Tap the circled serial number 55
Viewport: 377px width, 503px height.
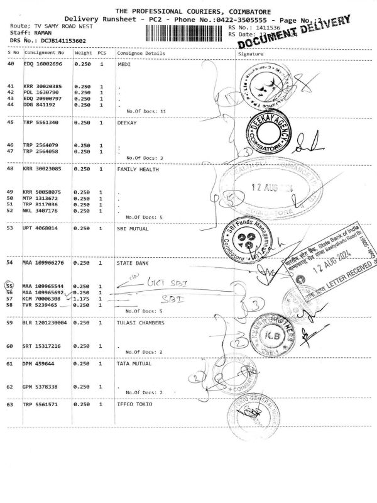(x=9, y=286)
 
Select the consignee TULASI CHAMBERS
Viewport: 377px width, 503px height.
(x=141, y=323)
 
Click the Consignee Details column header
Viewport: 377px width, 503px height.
(x=141, y=53)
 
